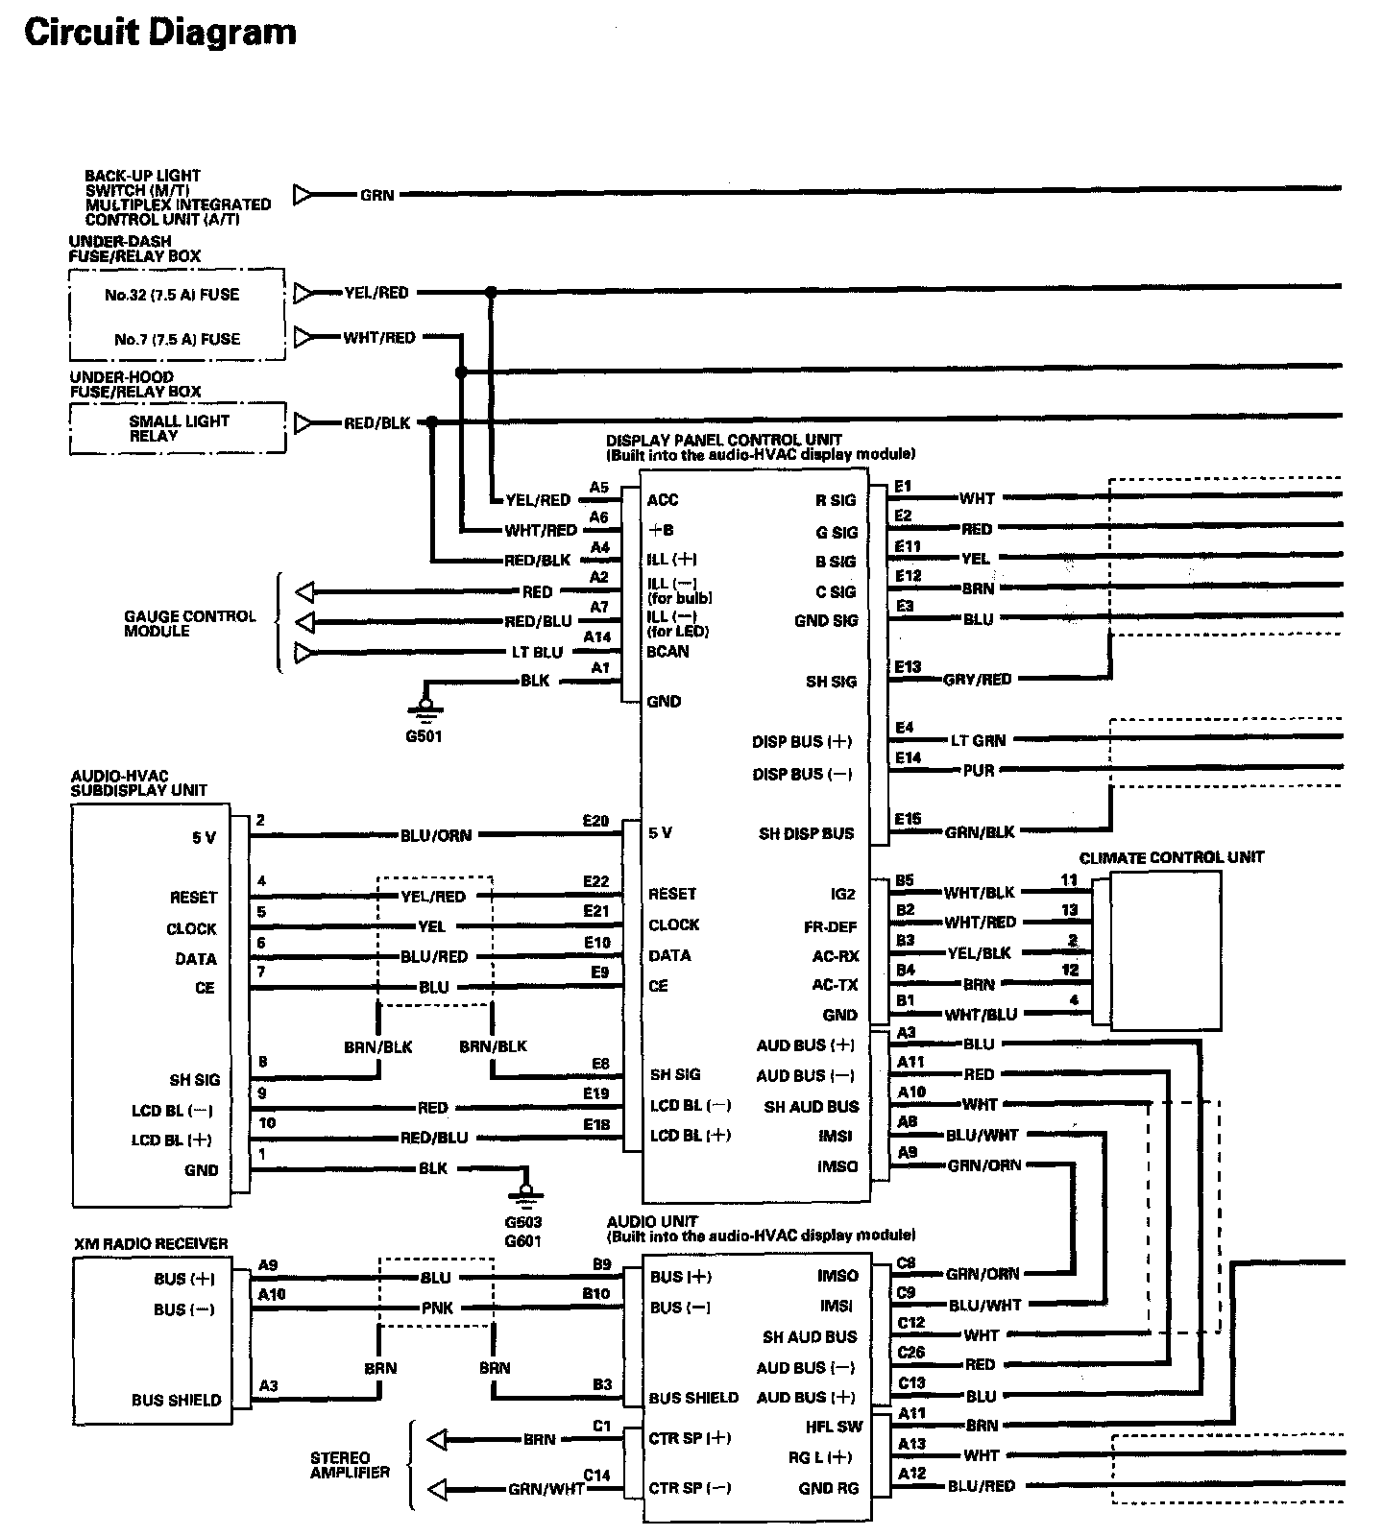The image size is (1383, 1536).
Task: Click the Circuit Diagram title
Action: click(x=160, y=33)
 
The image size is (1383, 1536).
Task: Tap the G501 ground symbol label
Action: click(x=424, y=737)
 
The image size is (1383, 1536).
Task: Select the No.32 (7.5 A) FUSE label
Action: click(x=172, y=295)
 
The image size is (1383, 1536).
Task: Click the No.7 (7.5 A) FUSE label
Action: click(x=177, y=339)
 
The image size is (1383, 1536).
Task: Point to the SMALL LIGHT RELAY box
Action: click(x=179, y=428)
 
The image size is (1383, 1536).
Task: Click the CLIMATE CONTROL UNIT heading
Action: click(x=1171, y=857)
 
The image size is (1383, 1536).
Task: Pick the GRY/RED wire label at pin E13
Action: click(x=978, y=680)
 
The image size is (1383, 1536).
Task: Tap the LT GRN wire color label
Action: click(x=978, y=740)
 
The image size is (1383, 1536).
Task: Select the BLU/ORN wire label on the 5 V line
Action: click(x=436, y=835)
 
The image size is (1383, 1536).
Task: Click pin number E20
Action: click(x=595, y=821)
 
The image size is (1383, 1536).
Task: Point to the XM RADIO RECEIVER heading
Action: click(x=151, y=1243)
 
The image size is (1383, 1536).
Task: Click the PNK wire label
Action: click(x=437, y=1308)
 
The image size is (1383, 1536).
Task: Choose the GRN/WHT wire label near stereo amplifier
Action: click(x=546, y=1490)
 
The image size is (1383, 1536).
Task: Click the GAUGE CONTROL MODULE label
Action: click(x=189, y=623)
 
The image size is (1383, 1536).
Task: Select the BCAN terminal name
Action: click(x=667, y=651)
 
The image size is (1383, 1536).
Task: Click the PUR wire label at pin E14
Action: click(x=979, y=770)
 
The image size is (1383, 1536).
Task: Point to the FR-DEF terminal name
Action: click(x=830, y=926)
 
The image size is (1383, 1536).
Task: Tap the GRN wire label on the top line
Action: click(x=376, y=195)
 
